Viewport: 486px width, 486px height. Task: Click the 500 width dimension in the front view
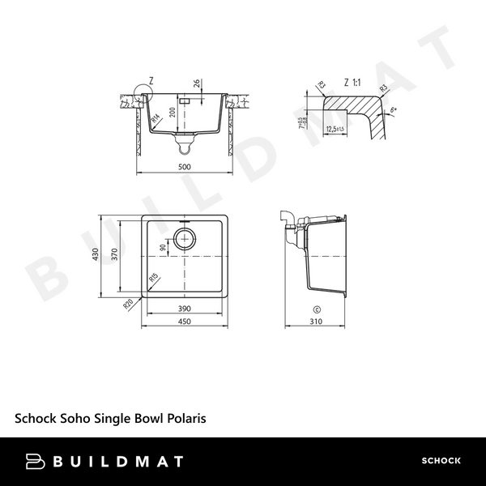[184, 166]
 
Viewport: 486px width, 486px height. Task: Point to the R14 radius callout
[155, 119]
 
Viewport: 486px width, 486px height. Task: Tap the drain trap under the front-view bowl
[185, 145]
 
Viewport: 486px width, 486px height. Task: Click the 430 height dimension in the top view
[96, 255]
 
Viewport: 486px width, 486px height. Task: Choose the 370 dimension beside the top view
[116, 255]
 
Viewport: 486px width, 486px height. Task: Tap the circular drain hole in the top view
[185, 239]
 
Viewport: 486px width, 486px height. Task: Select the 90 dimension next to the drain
[164, 248]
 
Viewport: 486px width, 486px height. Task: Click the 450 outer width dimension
[184, 322]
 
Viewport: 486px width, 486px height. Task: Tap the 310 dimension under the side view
[317, 322]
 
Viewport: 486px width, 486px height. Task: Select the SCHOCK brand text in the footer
[441, 461]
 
